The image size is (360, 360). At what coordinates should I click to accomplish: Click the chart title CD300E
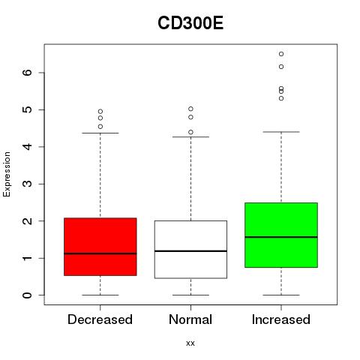[x=190, y=23]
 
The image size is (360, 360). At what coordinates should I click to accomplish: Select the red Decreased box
[x=100, y=247]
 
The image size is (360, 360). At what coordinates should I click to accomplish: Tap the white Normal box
[x=190, y=250]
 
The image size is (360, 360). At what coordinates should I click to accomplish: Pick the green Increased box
[x=281, y=235]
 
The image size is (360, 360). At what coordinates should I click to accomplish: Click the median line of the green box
[x=281, y=237]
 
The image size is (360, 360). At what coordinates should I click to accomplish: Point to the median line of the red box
[x=100, y=253]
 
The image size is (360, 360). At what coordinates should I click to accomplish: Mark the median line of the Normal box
[x=190, y=251]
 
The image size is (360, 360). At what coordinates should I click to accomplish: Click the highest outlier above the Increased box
[x=281, y=54]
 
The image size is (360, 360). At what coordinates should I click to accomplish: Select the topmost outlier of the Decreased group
[x=100, y=112]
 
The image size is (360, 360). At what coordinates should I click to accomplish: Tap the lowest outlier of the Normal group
[x=190, y=132]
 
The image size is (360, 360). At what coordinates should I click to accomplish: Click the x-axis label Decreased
[x=100, y=319]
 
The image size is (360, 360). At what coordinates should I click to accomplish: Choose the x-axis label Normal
[x=190, y=319]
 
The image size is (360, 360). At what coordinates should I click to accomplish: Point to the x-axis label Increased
[x=281, y=319]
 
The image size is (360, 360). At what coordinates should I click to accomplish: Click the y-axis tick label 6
[x=28, y=73]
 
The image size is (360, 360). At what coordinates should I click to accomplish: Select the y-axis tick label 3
[x=28, y=184]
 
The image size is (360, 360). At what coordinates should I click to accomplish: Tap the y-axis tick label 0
[x=28, y=295]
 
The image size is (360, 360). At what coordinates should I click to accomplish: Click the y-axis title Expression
[x=7, y=174]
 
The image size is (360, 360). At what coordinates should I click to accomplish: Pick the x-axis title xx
[x=190, y=343]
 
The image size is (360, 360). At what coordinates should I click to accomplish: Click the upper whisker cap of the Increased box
[x=281, y=132]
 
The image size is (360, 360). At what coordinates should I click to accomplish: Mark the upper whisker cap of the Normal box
[x=190, y=136]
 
